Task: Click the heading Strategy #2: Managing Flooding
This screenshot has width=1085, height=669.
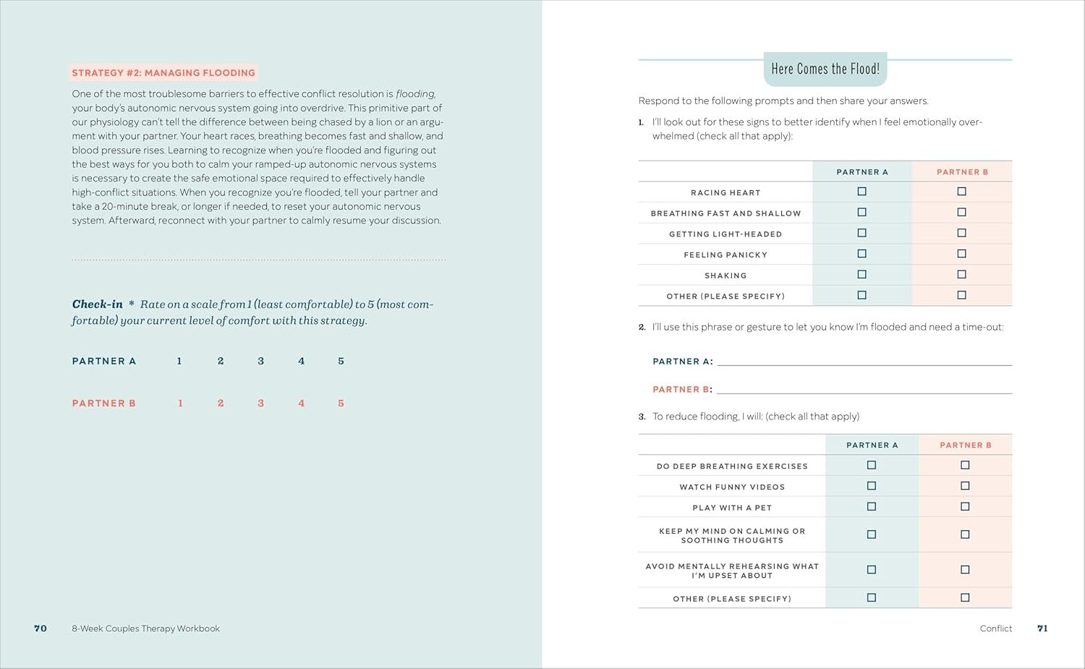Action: coord(163,73)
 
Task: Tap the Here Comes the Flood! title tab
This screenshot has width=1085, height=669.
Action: coord(825,69)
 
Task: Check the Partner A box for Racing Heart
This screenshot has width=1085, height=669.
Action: coord(861,192)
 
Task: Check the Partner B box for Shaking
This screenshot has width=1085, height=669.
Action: coord(961,275)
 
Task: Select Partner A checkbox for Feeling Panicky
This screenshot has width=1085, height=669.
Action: coord(861,254)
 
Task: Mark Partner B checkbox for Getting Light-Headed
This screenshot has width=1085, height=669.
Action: coord(961,233)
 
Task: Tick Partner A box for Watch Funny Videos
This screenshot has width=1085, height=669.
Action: coord(872,486)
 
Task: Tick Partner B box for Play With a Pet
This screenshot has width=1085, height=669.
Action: coord(965,507)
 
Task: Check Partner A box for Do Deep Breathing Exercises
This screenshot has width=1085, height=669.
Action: coord(872,465)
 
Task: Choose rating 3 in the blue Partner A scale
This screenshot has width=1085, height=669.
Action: coord(261,361)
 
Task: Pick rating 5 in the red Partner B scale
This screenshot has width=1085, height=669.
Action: coord(341,404)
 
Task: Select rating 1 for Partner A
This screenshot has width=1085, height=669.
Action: coord(179,361)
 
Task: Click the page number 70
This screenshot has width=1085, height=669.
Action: coord(41,628)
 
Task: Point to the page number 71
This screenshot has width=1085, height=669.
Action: coord(1042,628)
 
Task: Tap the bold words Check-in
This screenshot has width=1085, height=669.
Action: coord(98,304)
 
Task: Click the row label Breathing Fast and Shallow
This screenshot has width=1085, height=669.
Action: coord(726,213)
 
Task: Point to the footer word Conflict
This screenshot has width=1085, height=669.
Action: coord(996,628)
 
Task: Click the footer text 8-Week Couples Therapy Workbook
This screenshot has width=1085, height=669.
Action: coord(145,628)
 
